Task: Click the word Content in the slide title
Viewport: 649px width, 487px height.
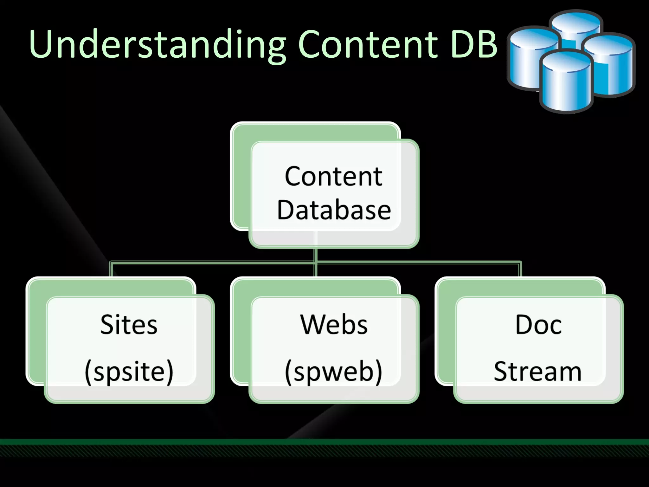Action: coord(368,44)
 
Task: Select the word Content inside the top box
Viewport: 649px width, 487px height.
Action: coord(333,176)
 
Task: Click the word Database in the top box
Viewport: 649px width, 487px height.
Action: coord(334,210)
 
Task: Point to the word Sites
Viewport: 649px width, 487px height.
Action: coord(129,325)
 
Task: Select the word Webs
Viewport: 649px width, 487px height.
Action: coord(334,325)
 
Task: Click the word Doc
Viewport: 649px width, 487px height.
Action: coord(538,325)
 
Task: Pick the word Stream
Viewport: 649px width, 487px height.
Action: coord(538,372)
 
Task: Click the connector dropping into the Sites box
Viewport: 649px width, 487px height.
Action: coord(111,269)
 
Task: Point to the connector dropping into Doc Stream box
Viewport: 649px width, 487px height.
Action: coord(520,269)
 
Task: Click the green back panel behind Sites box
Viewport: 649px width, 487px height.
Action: coord(36,333)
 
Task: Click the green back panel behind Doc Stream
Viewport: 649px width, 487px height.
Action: coord(445,333)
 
